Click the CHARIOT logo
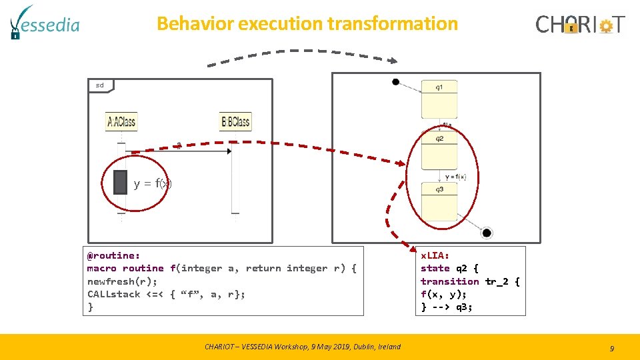580,25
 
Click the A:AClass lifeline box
121,121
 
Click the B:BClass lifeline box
235,121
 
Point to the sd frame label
100,85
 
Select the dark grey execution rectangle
120,183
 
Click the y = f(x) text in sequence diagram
153,183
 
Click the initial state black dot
395,82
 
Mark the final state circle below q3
487,233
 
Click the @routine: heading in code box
113,255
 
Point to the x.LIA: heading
435,255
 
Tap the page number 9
611,348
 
